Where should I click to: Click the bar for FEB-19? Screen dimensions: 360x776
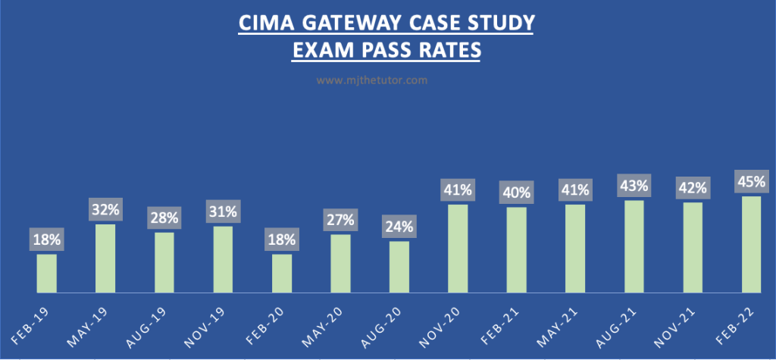click(47, 274)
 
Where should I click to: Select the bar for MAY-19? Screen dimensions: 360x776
click(105, 258)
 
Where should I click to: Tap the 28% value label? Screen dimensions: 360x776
click(164, 218)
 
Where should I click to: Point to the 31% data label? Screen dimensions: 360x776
click(223, 211)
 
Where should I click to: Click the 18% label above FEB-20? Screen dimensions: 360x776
click(282, 240)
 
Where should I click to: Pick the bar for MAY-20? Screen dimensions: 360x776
click(340, 264)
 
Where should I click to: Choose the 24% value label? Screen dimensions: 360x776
click(399, 227)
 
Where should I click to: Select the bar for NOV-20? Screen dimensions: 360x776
click(458, 249)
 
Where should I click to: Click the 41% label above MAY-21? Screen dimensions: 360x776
click(575, 189)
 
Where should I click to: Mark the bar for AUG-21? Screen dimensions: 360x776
click(634, 246)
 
